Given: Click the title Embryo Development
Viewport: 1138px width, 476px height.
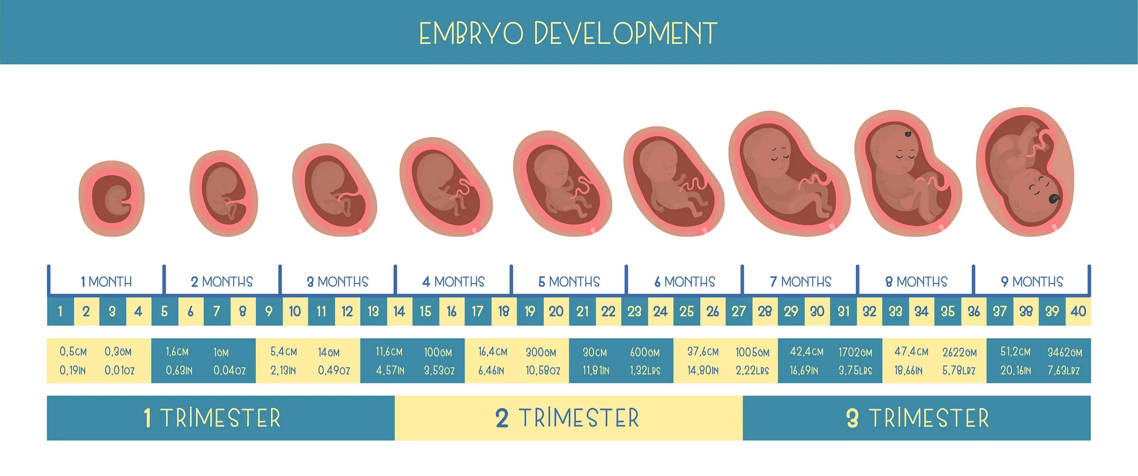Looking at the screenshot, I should point(568,33).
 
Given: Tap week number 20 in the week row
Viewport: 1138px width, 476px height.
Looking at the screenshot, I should point(556,311).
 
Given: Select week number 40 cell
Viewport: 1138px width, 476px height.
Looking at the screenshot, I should point(1078,311).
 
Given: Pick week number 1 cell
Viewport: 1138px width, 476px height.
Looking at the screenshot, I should point(60,311).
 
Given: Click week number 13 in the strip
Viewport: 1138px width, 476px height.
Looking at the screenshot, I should point(373,311).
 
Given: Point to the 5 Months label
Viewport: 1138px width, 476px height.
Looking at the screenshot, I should point(569,282).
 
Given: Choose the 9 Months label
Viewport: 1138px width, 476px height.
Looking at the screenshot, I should point(1032,282).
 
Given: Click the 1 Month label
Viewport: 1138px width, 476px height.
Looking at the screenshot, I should point(106,282).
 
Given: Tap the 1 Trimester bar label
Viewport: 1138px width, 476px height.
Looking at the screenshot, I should point(212,418).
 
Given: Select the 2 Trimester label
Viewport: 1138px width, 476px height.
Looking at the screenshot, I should point(567,418).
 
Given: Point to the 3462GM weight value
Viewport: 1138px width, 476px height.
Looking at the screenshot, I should point(1065,352).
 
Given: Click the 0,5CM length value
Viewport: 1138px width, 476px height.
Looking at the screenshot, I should point(73,352).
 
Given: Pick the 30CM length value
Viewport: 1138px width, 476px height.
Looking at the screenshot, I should point(595,352).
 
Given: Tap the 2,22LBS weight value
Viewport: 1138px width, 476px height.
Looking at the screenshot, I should point(752,371).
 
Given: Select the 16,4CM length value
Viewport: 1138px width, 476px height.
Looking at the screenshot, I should point(493,352).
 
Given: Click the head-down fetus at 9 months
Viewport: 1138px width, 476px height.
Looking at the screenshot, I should point(1030,185).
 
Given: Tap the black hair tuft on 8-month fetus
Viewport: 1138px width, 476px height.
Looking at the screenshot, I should point(908,134).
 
